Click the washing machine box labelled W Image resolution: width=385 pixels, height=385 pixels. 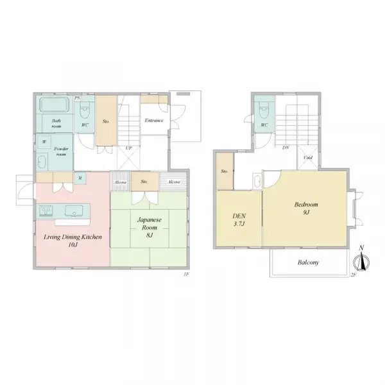[x=44, y=142]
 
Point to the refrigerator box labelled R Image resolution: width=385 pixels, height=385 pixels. [x=80, y=178]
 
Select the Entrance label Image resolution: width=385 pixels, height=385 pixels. [x=154, y=121]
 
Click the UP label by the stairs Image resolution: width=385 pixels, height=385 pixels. [x=128, y=148]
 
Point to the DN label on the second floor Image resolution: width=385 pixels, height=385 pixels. [x=285, y=148]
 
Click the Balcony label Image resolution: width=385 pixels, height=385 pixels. [x=309, y=262]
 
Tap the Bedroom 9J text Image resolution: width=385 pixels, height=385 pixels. [x=307, y=209]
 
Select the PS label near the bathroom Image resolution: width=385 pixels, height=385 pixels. [x=78, y=98]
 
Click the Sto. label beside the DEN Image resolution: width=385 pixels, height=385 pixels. [x=225, y=171]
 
